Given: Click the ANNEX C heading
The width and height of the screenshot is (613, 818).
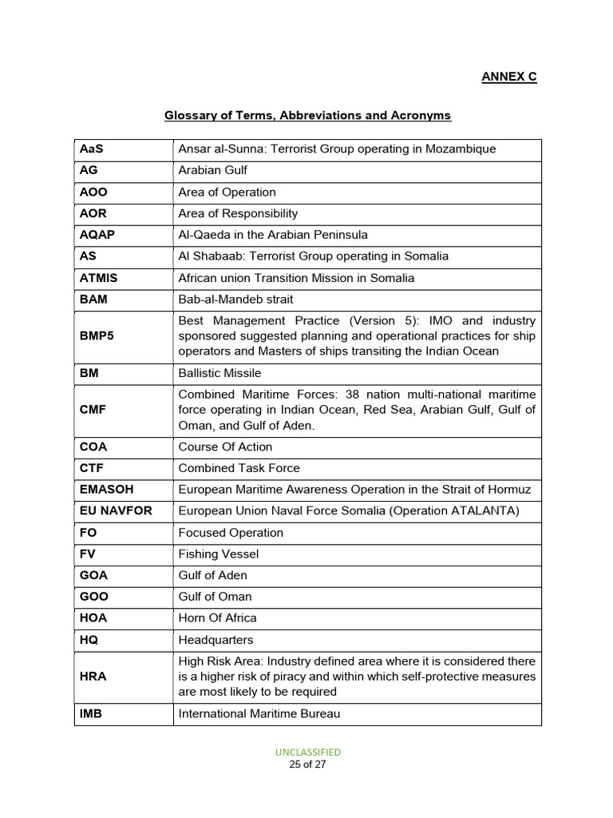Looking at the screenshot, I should pos(508,77).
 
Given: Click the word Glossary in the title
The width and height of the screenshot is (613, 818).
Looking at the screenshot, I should pos(189,116).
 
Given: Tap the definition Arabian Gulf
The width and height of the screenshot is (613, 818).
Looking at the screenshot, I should pos(212,171).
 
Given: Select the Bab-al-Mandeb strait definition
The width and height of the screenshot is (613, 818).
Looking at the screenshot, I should pos(235,300).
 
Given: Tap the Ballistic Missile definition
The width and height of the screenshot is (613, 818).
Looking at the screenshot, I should pos(219,373).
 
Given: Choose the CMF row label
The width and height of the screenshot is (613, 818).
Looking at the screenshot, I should pos(93,410).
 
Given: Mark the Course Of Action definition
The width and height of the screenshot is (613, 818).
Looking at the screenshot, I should pos(225,447).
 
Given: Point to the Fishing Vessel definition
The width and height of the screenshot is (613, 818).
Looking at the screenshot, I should pos(218,554).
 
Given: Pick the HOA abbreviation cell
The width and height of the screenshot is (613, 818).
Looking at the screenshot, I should pos(94,618).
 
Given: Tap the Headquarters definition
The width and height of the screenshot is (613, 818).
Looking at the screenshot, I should pos(216,640).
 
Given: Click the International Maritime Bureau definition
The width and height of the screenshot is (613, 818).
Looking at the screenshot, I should pos(259,713).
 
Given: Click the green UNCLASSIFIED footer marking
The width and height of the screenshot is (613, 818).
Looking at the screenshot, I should pos(307,752).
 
